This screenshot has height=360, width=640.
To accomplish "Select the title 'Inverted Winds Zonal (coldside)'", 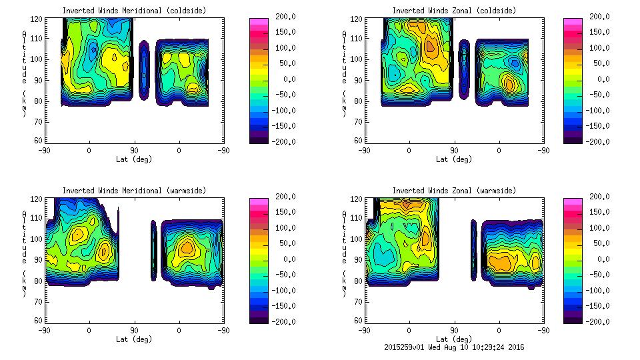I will point(454,11).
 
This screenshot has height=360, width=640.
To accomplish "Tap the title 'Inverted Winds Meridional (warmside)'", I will point(134,191).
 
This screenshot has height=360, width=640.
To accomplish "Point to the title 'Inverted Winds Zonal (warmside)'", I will point(454,191).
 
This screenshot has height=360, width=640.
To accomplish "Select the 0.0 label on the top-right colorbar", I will point(601,79).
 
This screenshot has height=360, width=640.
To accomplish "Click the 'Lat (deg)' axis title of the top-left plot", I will point(134,159).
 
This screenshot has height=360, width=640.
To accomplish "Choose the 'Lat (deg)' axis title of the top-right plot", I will point(454,159).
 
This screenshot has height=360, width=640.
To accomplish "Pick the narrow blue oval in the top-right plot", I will point(465,70).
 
